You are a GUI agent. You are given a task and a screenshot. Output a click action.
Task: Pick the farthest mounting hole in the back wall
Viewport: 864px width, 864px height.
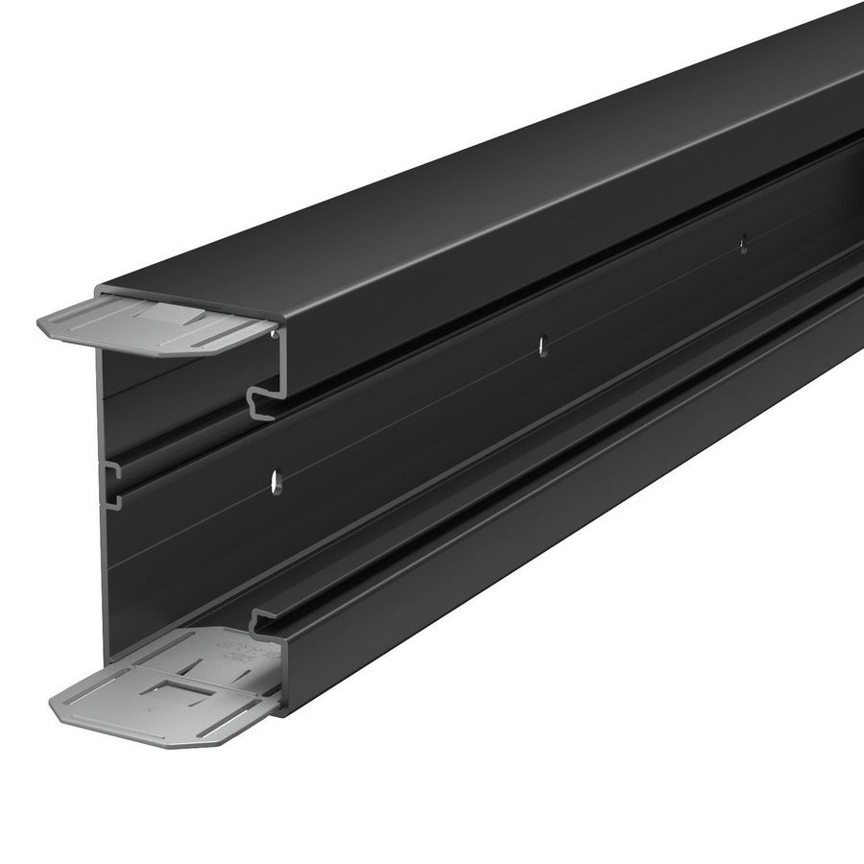(x=741, y=244)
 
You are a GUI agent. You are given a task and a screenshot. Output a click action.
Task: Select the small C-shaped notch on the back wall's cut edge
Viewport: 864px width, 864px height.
(x=112, y=471)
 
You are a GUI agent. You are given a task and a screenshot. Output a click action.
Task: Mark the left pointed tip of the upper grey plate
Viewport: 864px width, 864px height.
(x=40, y=327)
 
